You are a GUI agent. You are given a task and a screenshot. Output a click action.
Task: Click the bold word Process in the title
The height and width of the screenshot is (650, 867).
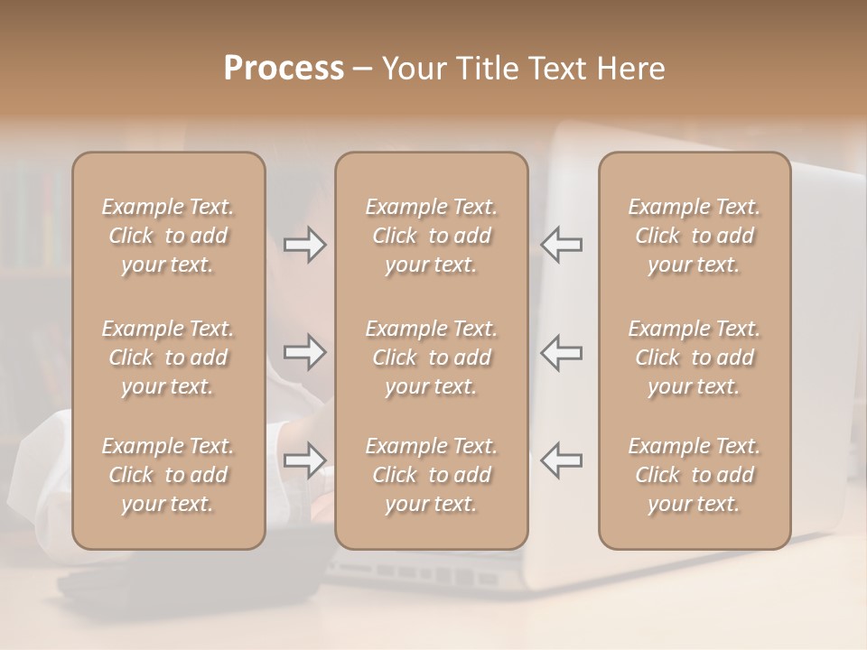tap(284, 69)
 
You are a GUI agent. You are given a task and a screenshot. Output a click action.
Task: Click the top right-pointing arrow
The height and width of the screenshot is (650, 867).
tap(304, 245)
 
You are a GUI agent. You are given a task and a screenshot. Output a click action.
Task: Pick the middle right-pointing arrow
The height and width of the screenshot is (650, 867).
tap(304, 352)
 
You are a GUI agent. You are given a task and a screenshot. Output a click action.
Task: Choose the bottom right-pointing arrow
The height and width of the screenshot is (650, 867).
tap(304, 460)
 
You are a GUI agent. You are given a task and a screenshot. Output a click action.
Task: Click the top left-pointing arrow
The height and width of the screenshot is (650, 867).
tap(561, 245)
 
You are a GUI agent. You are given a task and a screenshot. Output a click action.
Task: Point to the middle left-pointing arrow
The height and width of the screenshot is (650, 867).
tap(561, 352)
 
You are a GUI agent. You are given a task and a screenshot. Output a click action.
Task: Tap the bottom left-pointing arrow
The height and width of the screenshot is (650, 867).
tap(561, 460)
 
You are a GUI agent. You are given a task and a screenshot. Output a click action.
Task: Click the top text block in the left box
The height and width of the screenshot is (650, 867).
tap(168, 236)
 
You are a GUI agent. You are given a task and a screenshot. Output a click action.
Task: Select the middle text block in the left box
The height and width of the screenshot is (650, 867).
tap(168, 357)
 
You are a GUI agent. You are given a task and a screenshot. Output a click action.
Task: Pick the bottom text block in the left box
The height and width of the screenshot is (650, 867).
tap(168, 475)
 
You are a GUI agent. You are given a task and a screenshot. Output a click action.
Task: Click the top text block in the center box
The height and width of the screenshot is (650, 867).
tap(431, 236)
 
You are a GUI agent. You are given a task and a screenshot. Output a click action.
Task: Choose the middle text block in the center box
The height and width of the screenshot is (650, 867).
tap(431, 357)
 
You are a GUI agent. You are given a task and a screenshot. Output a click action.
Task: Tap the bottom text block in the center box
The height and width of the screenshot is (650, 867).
tap(431, 475)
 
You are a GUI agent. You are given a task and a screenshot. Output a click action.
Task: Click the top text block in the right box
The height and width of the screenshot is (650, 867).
tap(694, 236)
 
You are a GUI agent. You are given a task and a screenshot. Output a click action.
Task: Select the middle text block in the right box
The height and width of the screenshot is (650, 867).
tap(694, 357)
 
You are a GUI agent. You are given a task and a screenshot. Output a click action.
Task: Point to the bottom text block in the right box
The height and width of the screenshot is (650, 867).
tap(694, 475)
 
